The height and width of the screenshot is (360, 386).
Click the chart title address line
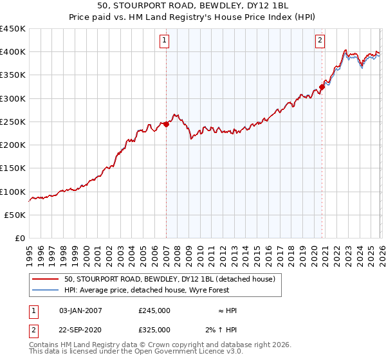[x=193, y=6]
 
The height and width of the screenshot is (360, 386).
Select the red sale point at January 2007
[x=166, y=124]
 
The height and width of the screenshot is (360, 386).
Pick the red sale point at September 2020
[x=322, y=87]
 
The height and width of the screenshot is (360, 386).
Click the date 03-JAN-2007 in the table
[x=80, y=310]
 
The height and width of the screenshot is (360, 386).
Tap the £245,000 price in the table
[x=154, y=310]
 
